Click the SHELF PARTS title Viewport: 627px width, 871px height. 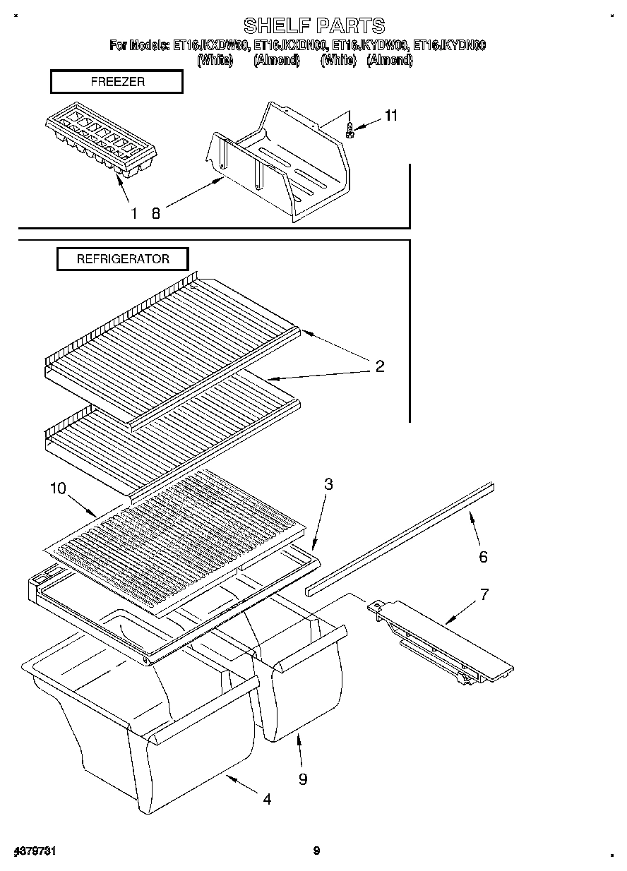coord(314,26)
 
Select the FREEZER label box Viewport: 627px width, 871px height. coord(117,82)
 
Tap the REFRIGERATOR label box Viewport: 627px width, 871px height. coord(123,259)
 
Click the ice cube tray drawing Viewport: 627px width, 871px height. coord(100,143)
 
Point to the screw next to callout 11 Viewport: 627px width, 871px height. coord(350,131)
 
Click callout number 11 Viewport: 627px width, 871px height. coord(390,116)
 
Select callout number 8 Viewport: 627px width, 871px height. coord(156,213)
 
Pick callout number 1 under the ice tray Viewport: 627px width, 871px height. coord(133,213)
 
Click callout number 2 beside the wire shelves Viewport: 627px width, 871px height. coord(379,366)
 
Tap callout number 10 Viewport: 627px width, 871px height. coord(57,488)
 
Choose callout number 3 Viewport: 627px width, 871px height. coord(328,484)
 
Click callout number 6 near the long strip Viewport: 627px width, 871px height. coord(483,557)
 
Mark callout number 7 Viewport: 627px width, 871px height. coord(484,594)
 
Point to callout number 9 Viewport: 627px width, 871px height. coord(302,779)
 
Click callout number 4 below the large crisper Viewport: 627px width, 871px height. coord(267,799)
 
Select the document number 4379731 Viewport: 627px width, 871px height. coord(35,851)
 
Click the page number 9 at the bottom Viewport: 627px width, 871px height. coord(316,851)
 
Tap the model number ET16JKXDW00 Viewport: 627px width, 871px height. coord(210,47)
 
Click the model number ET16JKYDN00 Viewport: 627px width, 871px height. coord(450,47)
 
